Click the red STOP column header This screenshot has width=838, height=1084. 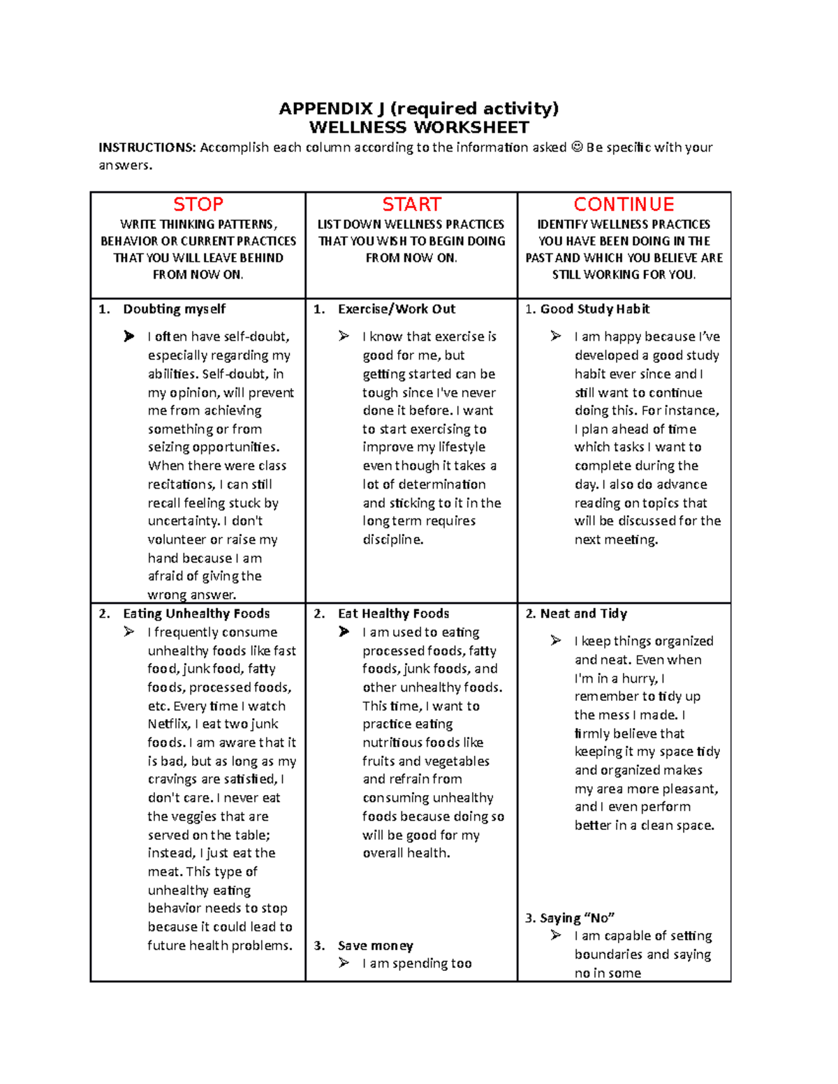coord(198,205)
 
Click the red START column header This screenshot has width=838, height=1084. coord(411,205)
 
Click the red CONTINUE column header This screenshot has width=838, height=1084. coord(624,205)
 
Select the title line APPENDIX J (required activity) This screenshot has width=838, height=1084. coord(418,108)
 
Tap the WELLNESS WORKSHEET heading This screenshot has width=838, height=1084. coord(419,127)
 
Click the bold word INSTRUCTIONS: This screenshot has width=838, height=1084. coord(147,147)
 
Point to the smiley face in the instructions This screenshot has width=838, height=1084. coord(576,147)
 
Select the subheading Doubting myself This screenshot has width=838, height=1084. coord(175,309)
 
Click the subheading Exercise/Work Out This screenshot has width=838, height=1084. coord(396,309)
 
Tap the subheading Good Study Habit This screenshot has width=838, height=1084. coord(594,309)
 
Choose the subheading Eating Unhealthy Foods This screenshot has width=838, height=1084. coord(196,614)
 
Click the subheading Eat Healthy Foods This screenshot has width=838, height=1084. coord(393,614)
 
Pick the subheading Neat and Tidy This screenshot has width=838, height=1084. coord(583,614)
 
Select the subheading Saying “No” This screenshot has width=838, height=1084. coord(577,918)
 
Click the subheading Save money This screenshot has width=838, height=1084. coord(375,946)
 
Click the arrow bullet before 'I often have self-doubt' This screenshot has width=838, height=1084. coord(129,336)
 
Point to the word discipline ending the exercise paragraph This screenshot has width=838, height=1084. coord(392,540)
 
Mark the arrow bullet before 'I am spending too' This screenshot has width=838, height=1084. coord(344,963)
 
